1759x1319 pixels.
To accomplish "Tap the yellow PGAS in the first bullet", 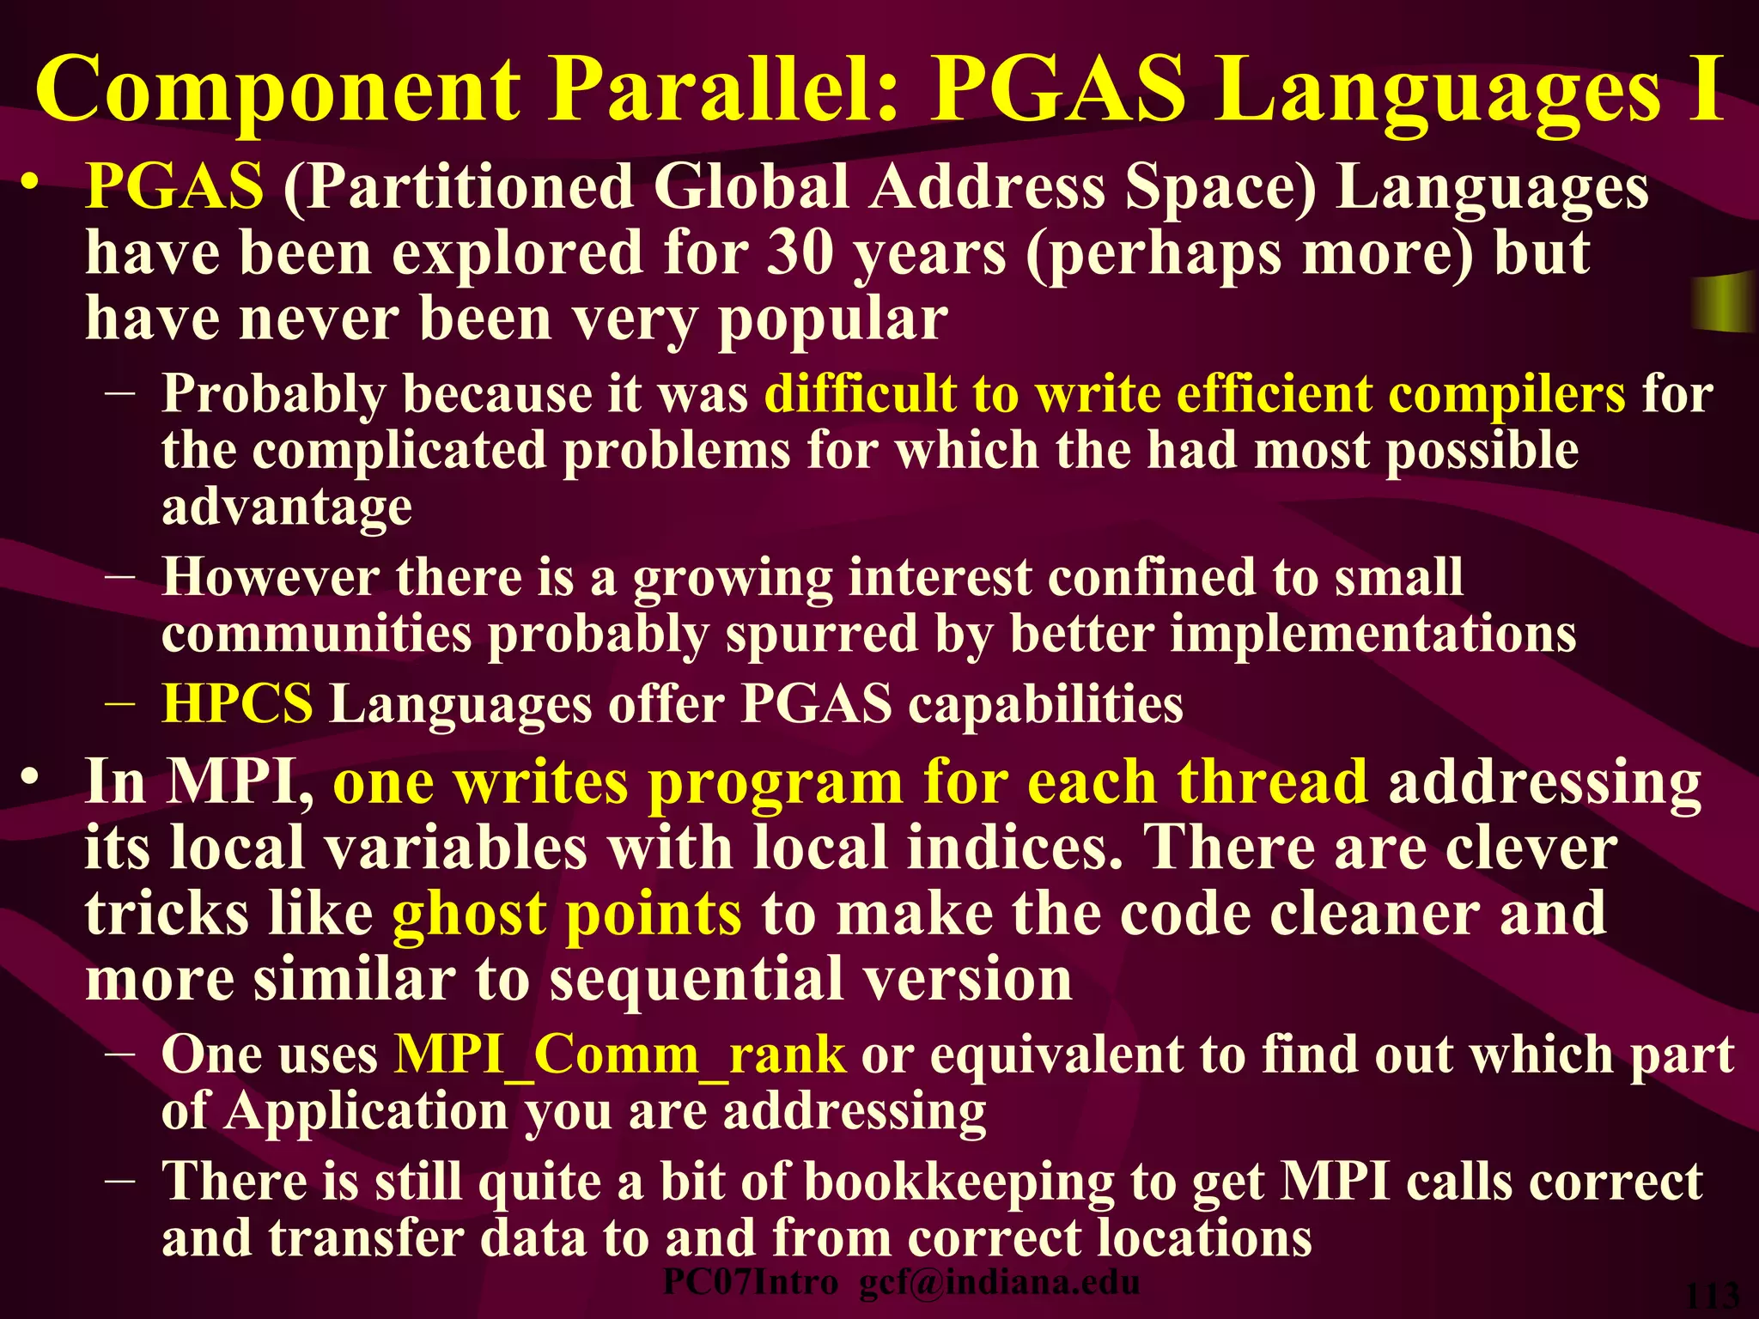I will pos(174,186).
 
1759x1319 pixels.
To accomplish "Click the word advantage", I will pos(287,507).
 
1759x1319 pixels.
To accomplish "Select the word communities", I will pos(316,635).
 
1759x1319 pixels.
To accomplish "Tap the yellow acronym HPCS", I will pos(237,705).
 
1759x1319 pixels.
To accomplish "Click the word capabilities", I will pos(1045,705).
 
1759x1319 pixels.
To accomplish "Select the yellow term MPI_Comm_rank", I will pos(619,1055).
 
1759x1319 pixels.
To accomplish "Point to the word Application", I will pos(367,1112).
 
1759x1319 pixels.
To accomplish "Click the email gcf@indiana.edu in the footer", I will pos(1000,1283).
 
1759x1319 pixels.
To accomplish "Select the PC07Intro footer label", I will pos(750,1283).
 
